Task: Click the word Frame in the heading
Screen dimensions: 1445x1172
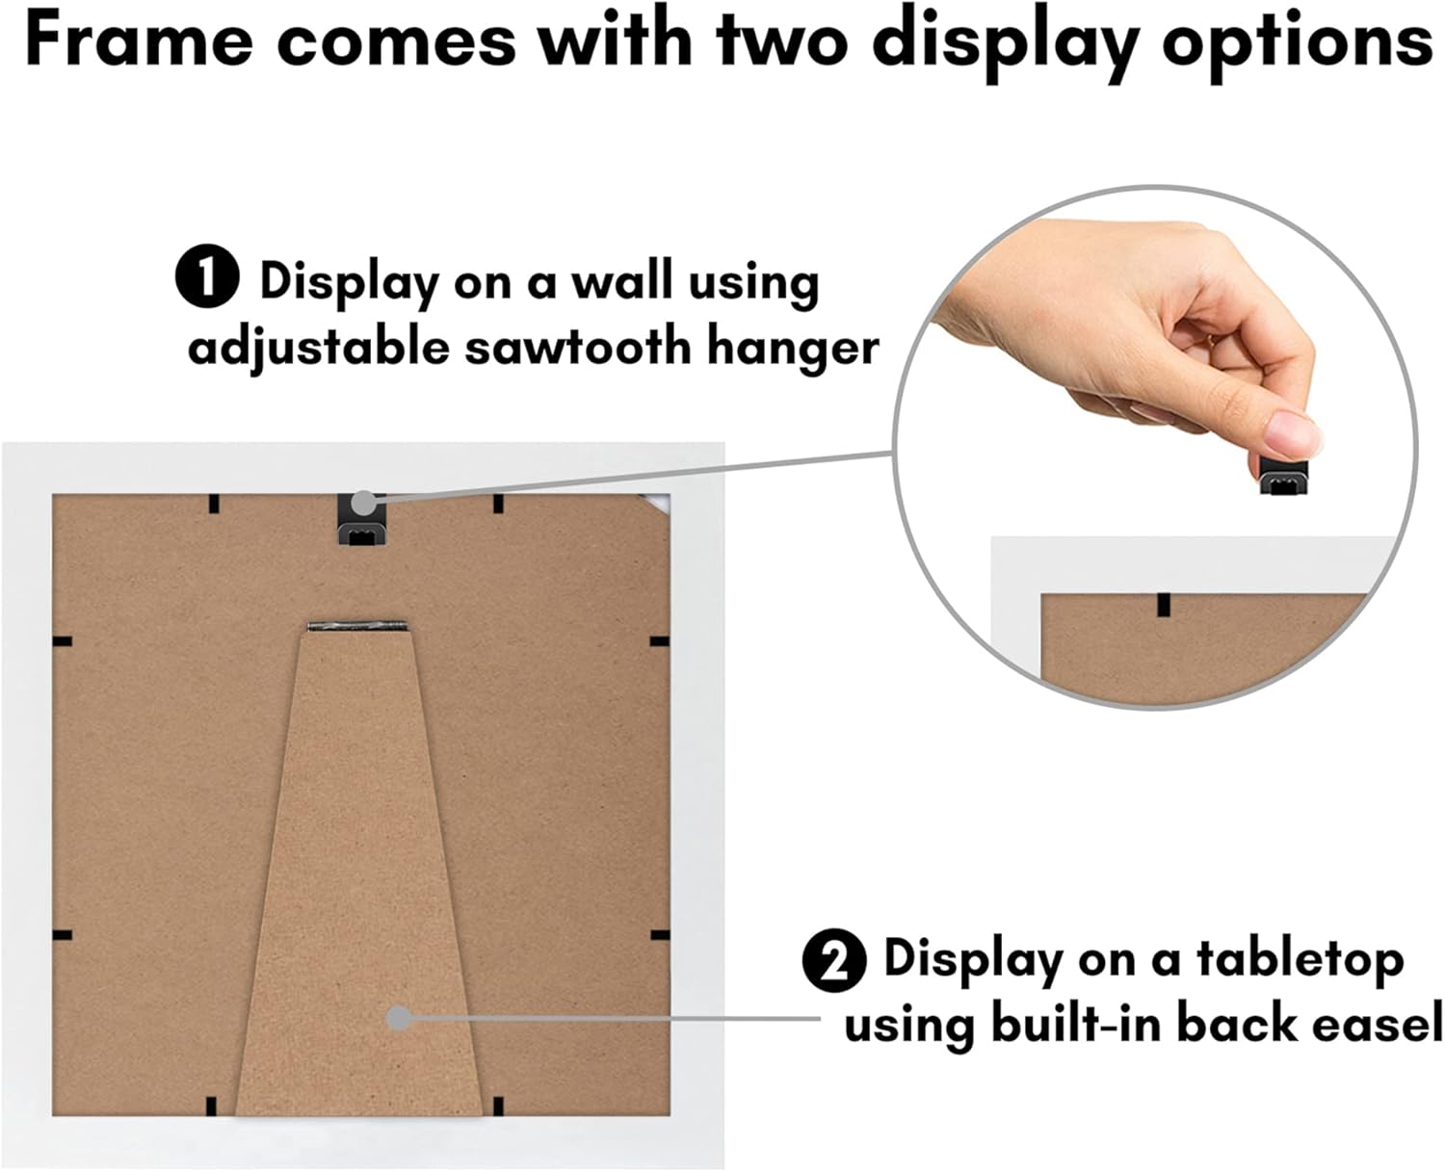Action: point(138,42)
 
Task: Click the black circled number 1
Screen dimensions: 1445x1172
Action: point(207,276)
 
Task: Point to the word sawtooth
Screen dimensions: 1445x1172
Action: point(579,348)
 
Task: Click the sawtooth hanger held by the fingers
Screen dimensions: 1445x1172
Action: point(1283,474)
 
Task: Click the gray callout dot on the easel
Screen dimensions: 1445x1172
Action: point(399,1017)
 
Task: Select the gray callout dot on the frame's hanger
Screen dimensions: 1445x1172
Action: point(364,504)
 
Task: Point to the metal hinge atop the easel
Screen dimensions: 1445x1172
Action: point(356,625)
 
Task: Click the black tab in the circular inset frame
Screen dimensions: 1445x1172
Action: point(1164,605)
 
